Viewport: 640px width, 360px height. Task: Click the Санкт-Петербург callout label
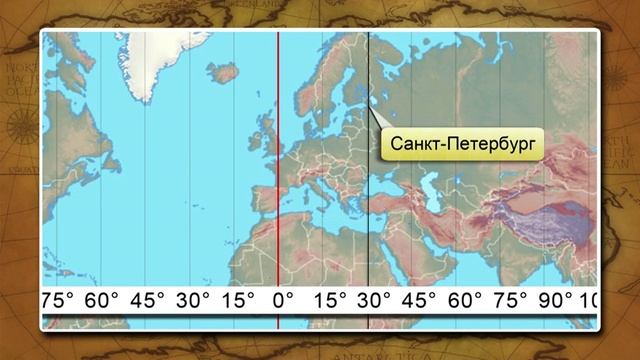click(460, 145)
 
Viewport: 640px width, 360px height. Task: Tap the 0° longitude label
click(283, 300)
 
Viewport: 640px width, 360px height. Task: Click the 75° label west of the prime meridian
click(57, 300)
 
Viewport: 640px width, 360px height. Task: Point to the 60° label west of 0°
click(103, 300)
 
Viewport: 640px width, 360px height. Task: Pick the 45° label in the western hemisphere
click(147, 300)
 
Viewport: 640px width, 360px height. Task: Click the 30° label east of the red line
click(374, 300)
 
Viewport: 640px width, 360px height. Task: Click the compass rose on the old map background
click(17, 125)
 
